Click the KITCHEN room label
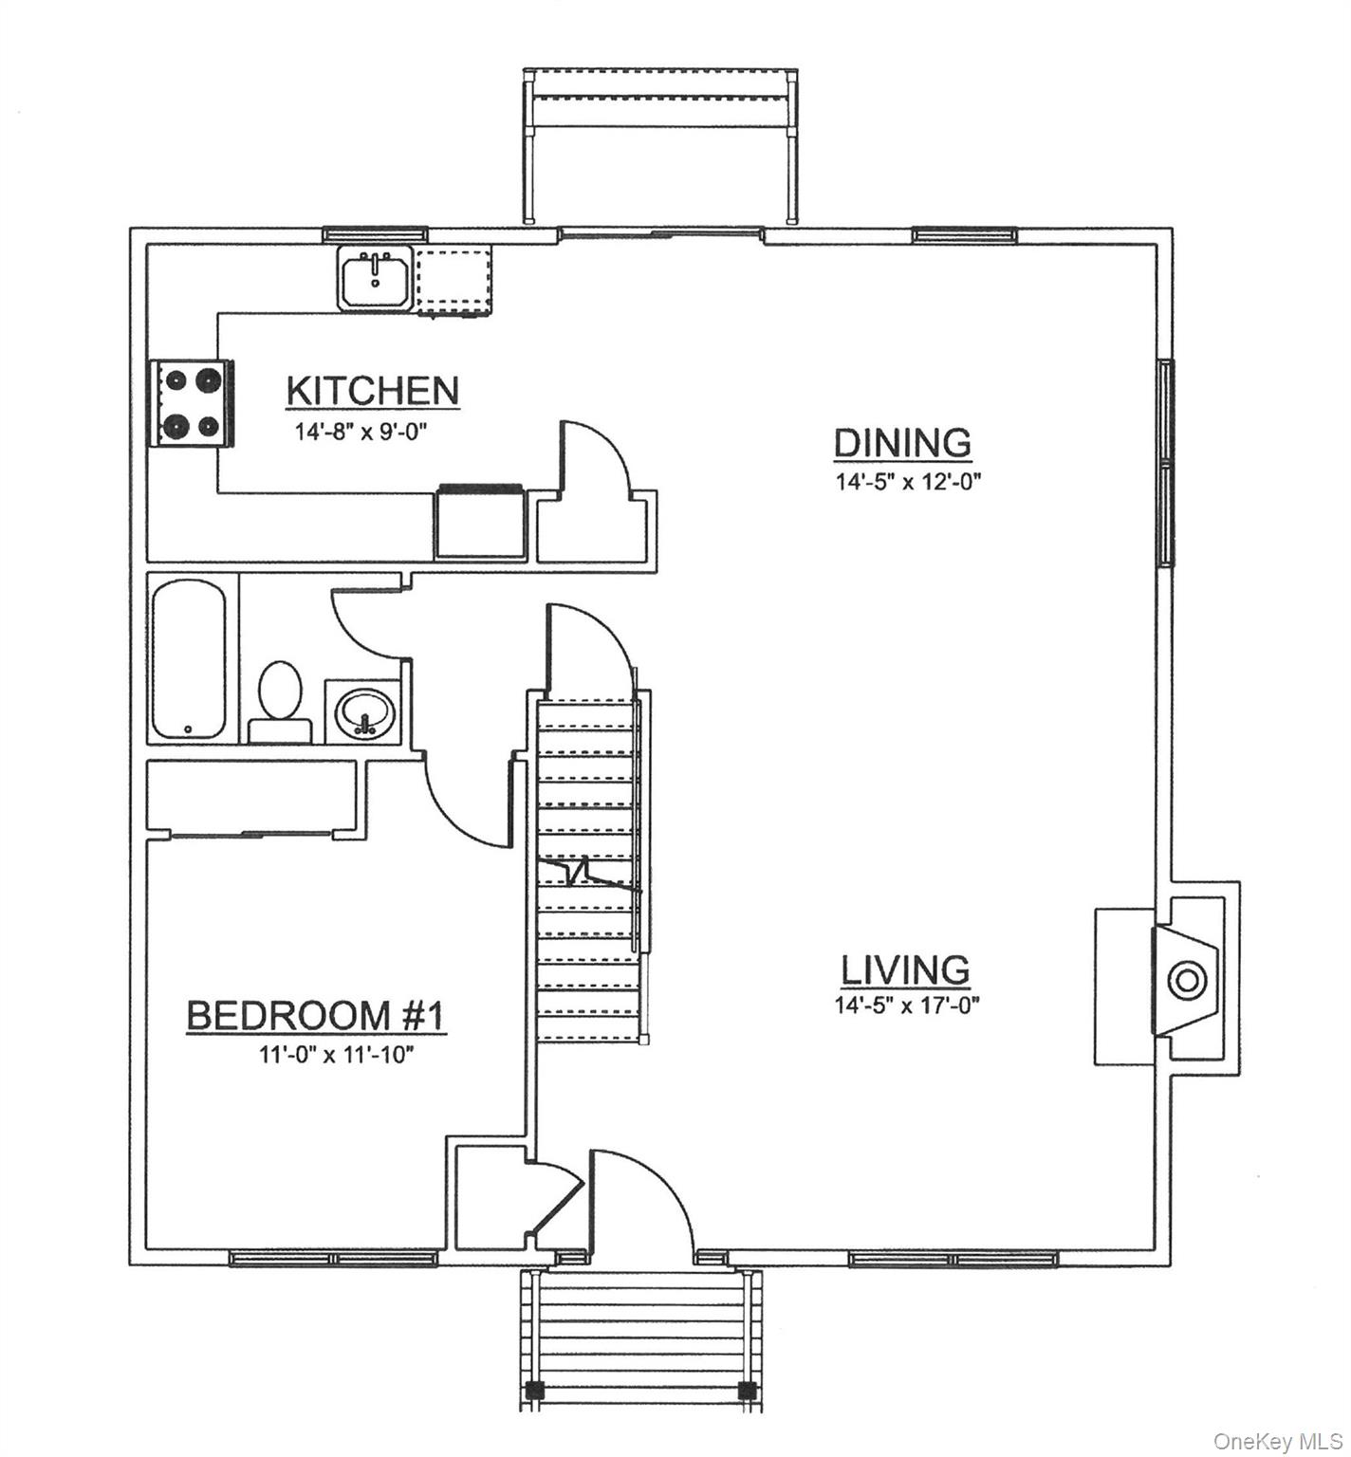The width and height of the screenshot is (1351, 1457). (x=372, y=391)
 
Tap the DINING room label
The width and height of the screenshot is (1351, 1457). (x=902, y=443)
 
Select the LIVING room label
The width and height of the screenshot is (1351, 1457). (x=906, y=970)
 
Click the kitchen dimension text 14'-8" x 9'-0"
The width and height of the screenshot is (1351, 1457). (x=362, y=433)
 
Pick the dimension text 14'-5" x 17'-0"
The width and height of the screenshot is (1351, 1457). (x=907, y=1005)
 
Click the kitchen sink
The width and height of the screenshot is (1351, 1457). (x=375, y=277)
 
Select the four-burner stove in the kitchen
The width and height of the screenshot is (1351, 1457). (x=190, y=403)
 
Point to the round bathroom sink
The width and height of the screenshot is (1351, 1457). (x=365, y=710)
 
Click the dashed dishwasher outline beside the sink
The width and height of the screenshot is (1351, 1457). (x=456, y=279)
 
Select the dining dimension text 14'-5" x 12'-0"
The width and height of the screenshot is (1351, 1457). (x=907, y=482)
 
